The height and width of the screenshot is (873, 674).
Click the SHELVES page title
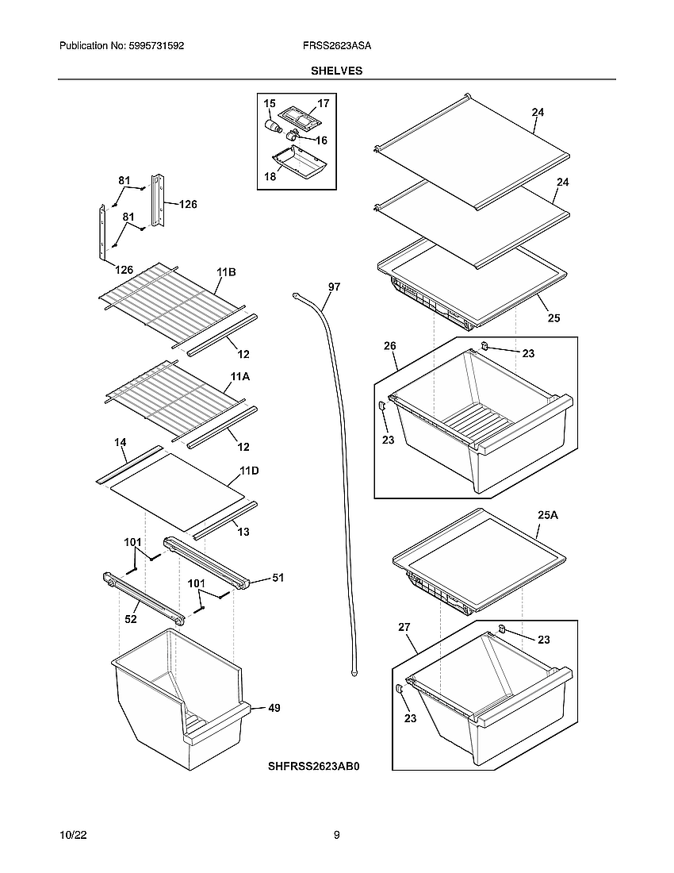click(336, 71)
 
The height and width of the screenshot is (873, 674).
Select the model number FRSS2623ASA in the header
click(337, 47)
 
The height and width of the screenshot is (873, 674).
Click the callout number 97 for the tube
click(334, 287)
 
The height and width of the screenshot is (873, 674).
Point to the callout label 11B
click(227, 272)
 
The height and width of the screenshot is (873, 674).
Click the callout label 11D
click(249, 471)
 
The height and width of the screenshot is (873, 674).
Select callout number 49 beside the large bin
click(274, 707)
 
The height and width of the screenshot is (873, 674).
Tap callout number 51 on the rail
click(278, 578)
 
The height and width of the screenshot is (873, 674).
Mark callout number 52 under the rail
click(131, 619)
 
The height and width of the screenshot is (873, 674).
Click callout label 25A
click(548, 515)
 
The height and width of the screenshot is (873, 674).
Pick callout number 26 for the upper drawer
click(390, 346)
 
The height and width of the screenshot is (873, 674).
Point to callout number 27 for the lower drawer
click(404, 627)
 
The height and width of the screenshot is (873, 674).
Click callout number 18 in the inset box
click(270, 176)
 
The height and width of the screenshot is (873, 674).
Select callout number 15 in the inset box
click(270, 104)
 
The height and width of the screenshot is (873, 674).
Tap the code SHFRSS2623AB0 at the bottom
click(314, 767)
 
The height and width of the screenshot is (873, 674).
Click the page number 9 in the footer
click(337, 835)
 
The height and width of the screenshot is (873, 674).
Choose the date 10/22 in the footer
click(72, 835)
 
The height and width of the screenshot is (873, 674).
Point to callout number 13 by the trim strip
click(243, 532)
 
